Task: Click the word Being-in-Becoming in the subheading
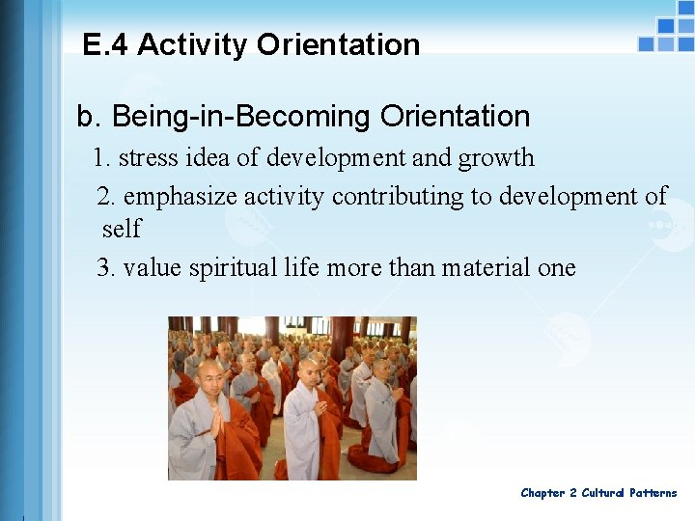(x=241, y=117)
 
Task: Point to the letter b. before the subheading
(x=88, y=117)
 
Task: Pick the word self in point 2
(x=122, y=230)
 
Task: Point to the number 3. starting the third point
(x=106, y=267)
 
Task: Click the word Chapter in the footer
(x=542, y=493)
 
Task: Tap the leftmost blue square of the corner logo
(x=646, y=43)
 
